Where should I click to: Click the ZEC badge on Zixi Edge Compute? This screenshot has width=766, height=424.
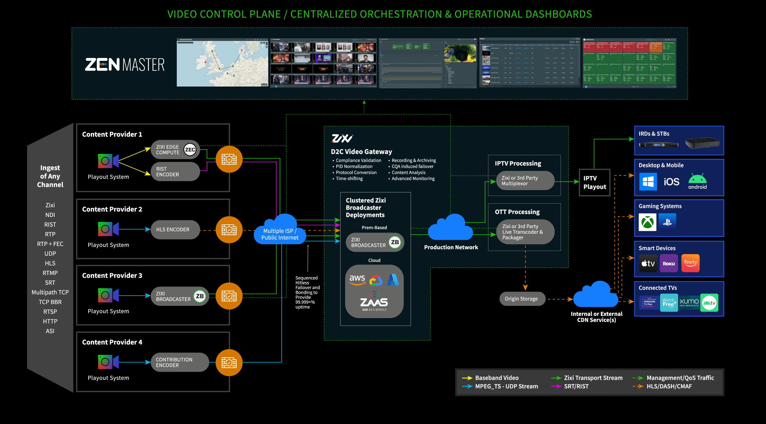coord(190,150)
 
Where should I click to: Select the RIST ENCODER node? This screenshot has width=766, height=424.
coord(175,172)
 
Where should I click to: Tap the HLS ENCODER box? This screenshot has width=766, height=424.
coord(175,229)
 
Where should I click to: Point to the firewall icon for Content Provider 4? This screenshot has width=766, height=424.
coord(229,362)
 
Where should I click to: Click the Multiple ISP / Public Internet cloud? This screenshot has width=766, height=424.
coord(279,232)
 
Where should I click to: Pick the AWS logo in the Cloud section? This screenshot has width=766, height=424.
coord(357,279)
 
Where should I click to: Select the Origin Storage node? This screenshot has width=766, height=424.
coord(521,299)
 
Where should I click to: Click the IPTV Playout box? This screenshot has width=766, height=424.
coord(595,182)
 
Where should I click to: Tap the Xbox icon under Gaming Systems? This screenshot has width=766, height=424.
coord(647,222)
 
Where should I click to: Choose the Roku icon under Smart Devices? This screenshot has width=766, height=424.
coord(669,263)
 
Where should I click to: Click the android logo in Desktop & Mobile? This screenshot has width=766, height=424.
coord(697,182)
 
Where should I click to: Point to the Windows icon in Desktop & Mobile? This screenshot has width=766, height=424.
coord(648,182)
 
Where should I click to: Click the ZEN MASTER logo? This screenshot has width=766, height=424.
coord(124,64)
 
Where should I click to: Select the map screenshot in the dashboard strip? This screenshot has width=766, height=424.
coord(222,63)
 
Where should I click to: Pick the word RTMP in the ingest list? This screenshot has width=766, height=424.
coord(50,273)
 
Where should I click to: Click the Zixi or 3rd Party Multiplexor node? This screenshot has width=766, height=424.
coord(525,181)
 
